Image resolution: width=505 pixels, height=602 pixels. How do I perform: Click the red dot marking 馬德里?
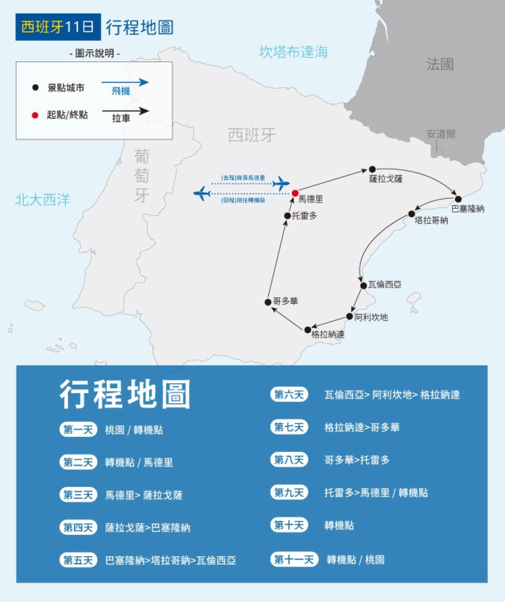tap(295, 193)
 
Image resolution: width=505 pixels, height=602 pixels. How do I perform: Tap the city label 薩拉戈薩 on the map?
tap(386, 180)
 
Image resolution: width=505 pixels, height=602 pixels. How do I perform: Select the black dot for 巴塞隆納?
tap(458, 199)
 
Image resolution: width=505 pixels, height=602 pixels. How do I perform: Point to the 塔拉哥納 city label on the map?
tap(431, 221)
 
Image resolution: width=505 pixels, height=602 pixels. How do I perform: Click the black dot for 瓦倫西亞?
tap(364, 285)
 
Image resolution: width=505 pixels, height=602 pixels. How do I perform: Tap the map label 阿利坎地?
tap(371, 317)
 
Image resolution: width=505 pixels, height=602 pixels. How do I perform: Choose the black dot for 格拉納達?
tap(308, 329)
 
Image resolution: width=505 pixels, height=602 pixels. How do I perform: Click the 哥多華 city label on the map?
tap(285, 301)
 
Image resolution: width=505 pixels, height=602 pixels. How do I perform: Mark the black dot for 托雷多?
tap(288, 216)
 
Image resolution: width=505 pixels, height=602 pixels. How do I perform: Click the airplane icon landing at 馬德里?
tap(281, 184)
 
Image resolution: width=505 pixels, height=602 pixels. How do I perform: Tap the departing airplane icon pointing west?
tap(202, 193)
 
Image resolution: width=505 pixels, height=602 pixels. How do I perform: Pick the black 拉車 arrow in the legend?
tap(125, 111)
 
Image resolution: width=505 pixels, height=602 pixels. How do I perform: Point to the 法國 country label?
tap(440, 65)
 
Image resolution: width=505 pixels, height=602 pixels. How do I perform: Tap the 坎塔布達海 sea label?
tap(293, 52)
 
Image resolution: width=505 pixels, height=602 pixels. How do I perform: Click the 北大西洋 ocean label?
tap(43, 200)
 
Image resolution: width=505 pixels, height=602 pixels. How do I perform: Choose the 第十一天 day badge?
tap(294, 559)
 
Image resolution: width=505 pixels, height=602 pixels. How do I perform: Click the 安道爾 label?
tap(441, 134)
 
